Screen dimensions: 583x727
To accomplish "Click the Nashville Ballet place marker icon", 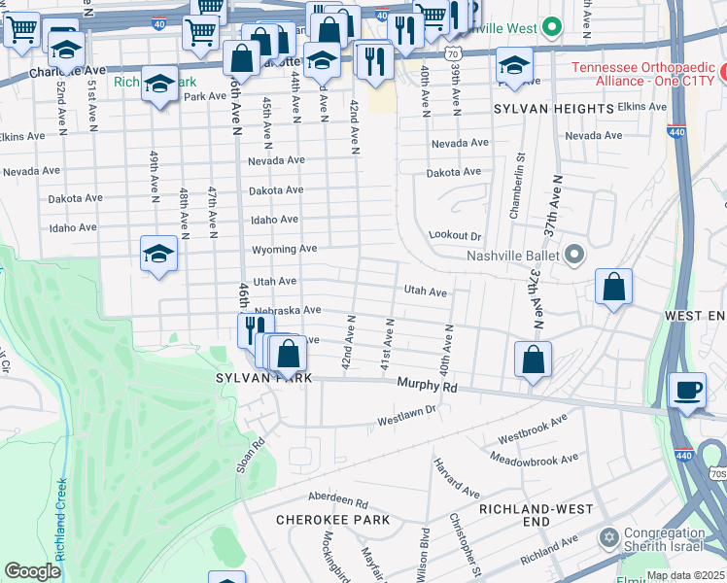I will tap(574, 257).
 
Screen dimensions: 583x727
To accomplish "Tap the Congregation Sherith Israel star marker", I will tap(609, 537).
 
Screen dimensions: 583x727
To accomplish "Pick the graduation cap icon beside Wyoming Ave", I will tap(158, 254).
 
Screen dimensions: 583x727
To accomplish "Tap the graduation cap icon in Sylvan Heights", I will tap(513, 66).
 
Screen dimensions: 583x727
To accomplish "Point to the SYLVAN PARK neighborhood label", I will tap(265, 378).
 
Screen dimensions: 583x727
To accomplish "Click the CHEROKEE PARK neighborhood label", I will tap(332, 520).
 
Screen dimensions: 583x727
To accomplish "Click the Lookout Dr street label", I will tap(455, 236).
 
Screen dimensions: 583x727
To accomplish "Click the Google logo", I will tap(32, 571).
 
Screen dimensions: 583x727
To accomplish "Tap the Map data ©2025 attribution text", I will tap(685, 575).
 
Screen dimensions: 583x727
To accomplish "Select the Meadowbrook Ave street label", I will tap(535, 458).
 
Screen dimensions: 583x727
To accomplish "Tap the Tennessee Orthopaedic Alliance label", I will tap(642, 74).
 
